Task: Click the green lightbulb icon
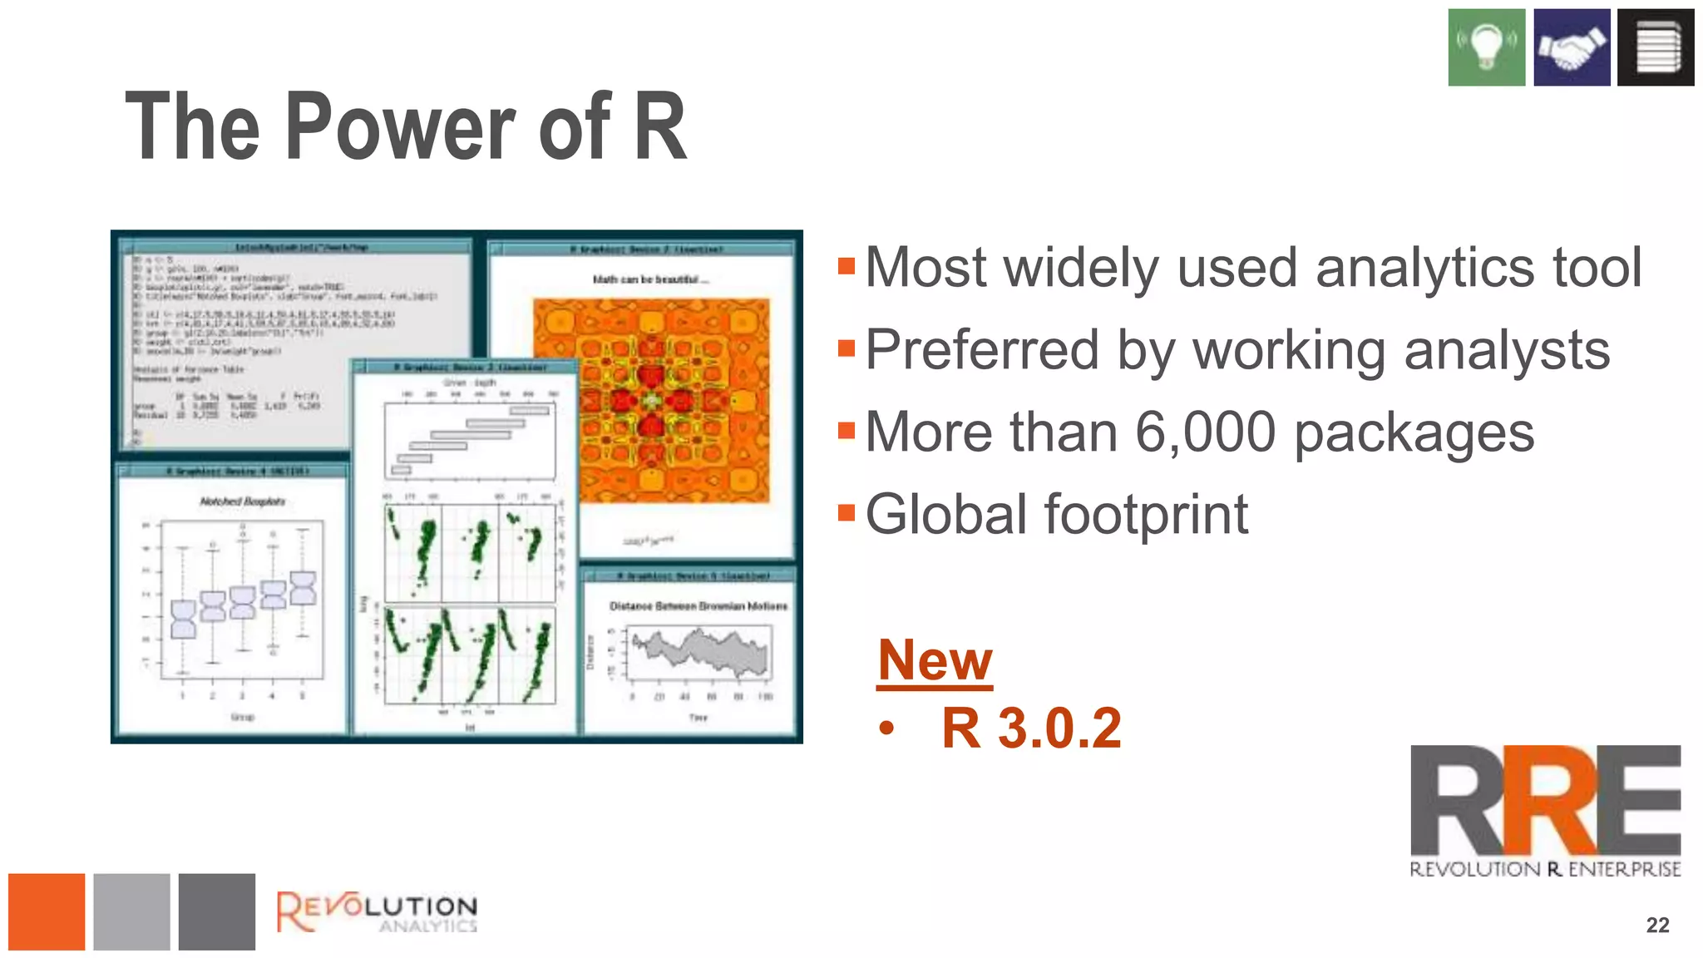(1486, 47)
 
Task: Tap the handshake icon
(1571, 47)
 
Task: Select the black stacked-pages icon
(1656, 47)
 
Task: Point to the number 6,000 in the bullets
(1205, 432)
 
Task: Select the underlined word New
(935, 659)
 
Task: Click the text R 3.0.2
(1031, 728)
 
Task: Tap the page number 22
(1657, 925)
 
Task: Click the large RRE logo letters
(1545, 800)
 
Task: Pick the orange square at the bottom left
(47, 911)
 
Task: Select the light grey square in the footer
(131, 911)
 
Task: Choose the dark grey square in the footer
(217, 911)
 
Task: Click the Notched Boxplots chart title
(242, 501)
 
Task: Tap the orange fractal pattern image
(651, 400)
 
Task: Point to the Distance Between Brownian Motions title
(698, 606)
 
